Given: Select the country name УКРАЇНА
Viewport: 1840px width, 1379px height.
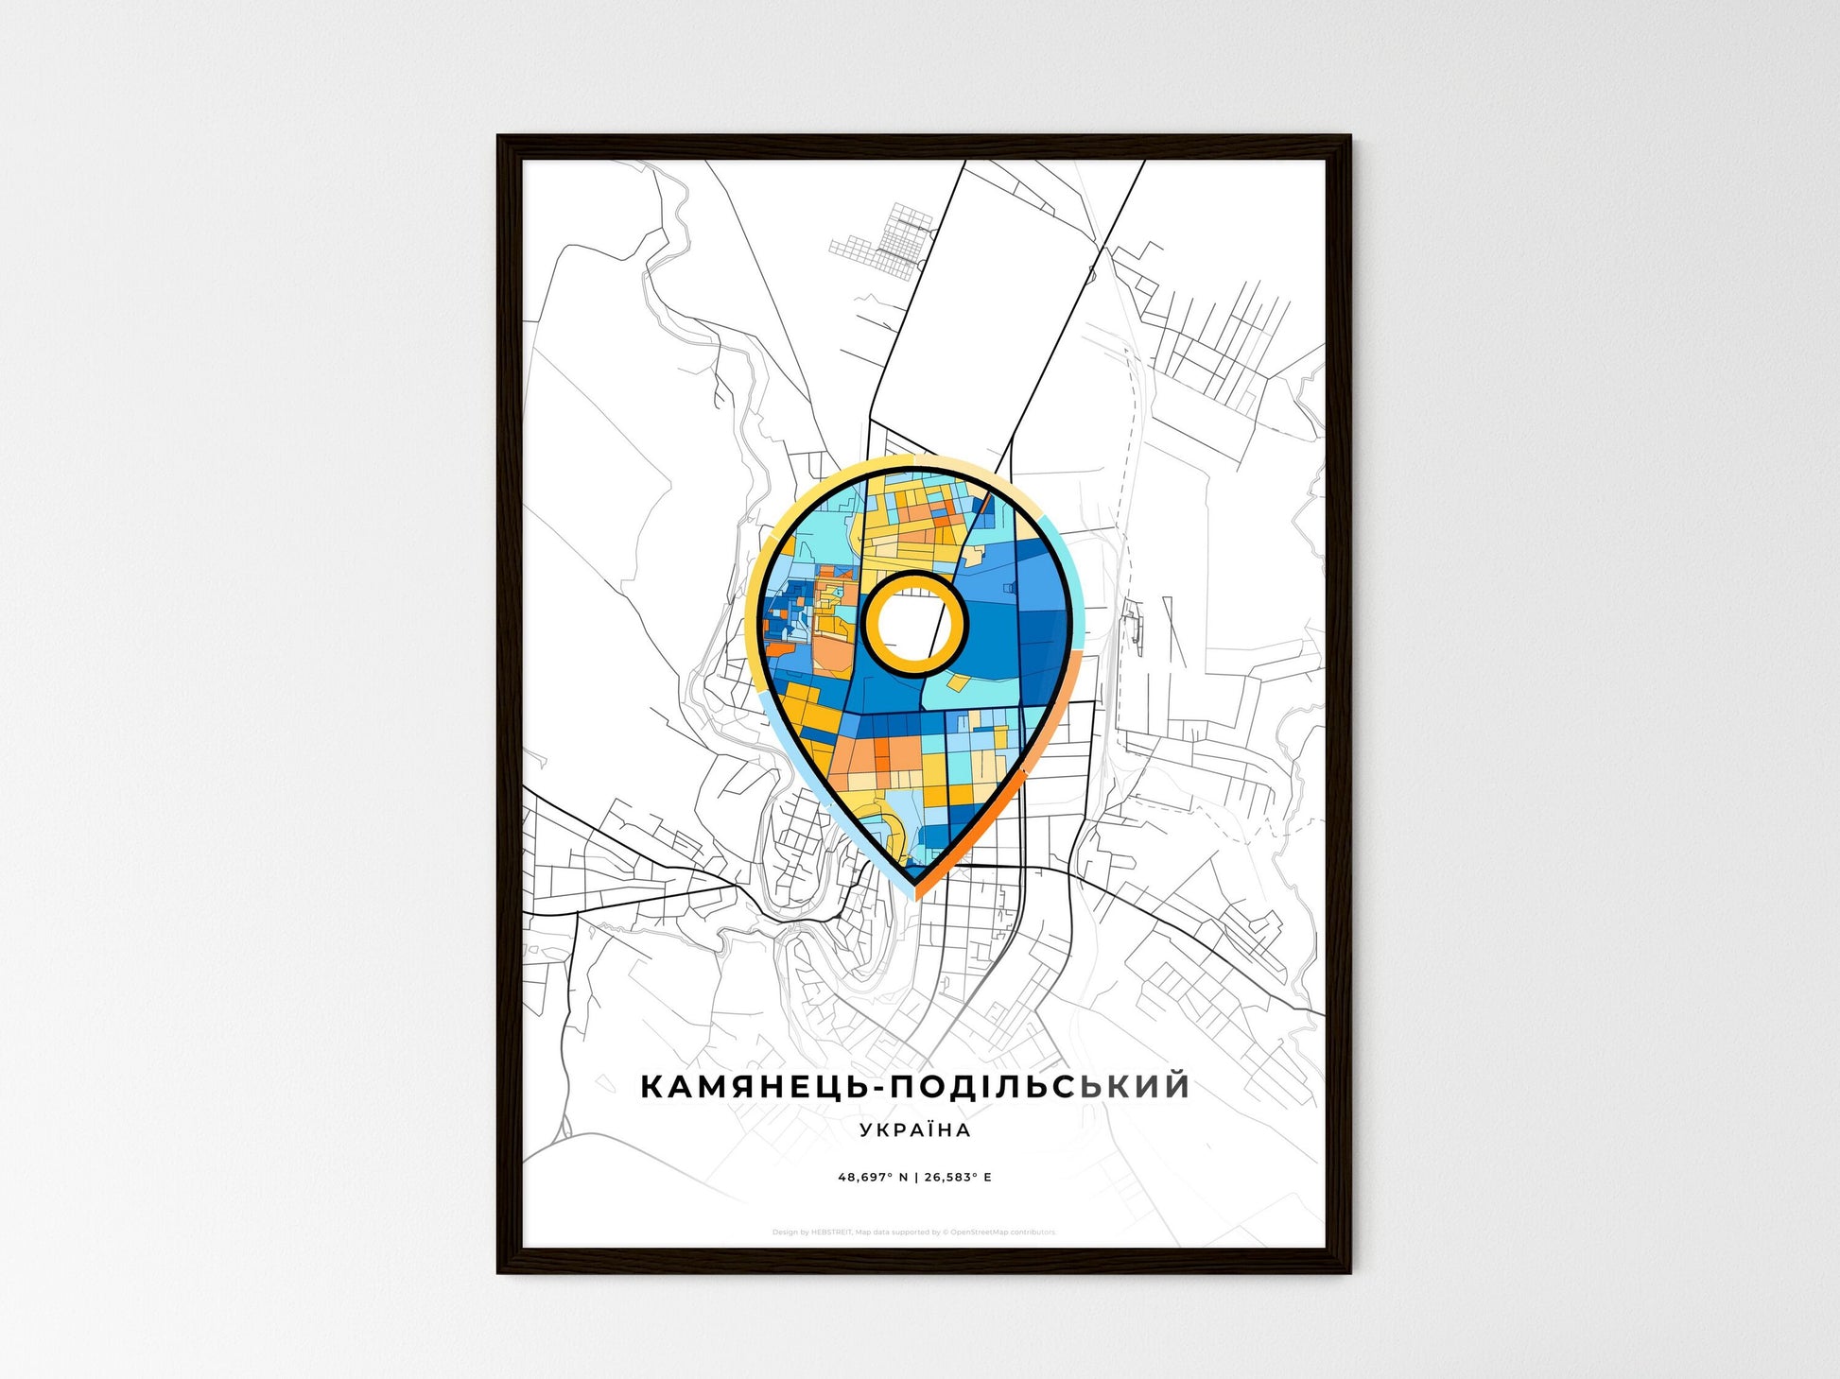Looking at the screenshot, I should (915, 1129).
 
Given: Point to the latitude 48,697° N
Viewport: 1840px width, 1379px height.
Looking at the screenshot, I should (873, 1177).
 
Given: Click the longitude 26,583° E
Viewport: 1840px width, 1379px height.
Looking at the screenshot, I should (958, 1177).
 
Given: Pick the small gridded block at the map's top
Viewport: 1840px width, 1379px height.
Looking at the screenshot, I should (884, 241).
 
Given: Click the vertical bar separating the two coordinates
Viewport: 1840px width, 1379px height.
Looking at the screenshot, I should (915, 1177).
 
